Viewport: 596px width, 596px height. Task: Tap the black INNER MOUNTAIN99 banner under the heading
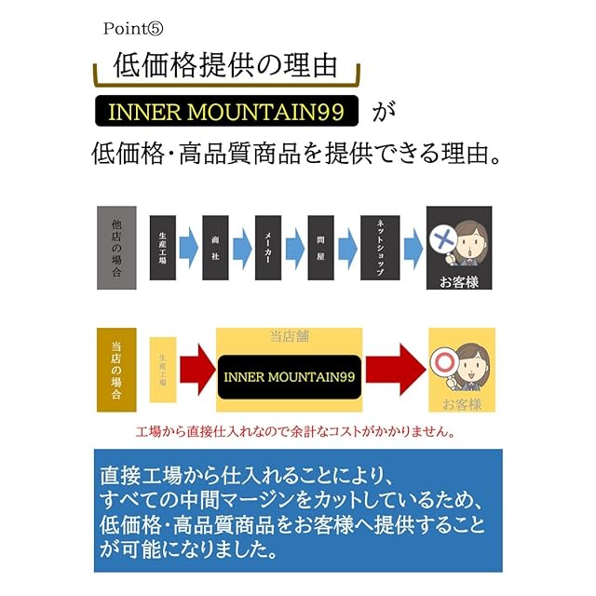tap(228, 113)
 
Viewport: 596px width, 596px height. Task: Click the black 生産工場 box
tap(163, 248)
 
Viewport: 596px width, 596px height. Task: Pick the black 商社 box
tap(215, 248)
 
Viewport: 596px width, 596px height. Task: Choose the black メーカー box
tap(267, 248)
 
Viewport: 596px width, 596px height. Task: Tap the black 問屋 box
tap(320, 248)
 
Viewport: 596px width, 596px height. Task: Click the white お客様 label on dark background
tap(458, 281)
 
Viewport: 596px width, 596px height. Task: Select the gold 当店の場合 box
tap(115, 370)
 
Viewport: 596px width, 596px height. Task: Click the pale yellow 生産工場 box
tap(163, 370)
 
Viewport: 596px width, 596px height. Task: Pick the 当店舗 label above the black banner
tap(289, 336)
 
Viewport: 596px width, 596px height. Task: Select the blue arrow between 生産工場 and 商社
tap(189, 248)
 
